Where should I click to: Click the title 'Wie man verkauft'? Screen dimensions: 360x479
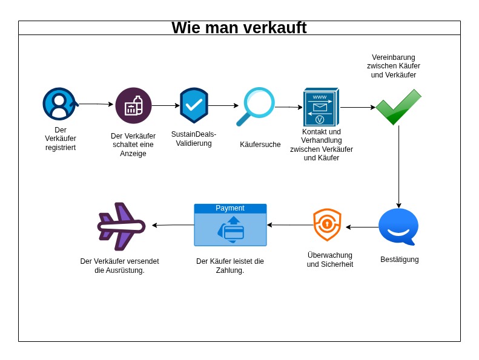pyautogui.click(x=239, y=28)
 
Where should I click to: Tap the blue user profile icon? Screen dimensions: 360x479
pyautogui.click(x=59, y=104)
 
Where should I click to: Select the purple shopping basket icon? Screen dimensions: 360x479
pyautogui.click(x=133, y=106)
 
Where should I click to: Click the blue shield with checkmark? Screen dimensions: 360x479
pyautogui.click(x=194, y=105)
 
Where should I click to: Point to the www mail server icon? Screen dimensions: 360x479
pyautogui.click(x=320, y=107)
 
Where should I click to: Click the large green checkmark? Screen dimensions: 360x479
pyautogui.click(x=398, y=107)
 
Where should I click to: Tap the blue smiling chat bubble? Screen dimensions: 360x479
pyautogui.click(x=398, y=226)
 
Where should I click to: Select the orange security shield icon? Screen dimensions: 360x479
pyautogui.click(x=327, y=224)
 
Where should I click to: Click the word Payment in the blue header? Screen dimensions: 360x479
pyautogui.click(x=230, y=208)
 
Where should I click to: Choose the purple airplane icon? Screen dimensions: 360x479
pyautogui.click(x=121, y=226)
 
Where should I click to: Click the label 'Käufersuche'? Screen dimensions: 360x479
pyautogui.click(x=260, y=145)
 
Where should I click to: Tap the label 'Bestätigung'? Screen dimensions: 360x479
pyautogui.click(x=400, y=260)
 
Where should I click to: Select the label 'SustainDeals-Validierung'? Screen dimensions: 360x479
pyautogui.click(x=194, y=139)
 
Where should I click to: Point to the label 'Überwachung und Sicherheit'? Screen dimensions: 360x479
pyautogui.click(x=330, y=260)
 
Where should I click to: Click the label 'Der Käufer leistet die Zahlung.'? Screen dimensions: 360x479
pyautogui.click(x=230, y=266)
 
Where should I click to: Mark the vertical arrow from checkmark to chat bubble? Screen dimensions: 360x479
pyautogui.click(x=398, y=166)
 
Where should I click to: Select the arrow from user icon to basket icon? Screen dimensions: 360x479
pyautogui.click(x=96, y=104)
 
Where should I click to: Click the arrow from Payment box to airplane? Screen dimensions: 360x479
pyautogui.click(x=173, y=225)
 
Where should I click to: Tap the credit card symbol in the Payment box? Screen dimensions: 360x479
pyautogui.click(x=233, y=231)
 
